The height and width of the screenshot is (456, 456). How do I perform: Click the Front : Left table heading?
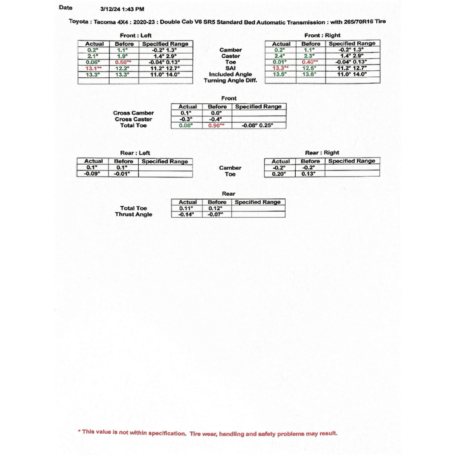(x=136, y=35)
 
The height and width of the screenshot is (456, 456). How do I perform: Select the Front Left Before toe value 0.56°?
(x=124, y=62)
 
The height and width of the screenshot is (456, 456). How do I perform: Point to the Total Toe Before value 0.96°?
(x=217, y=125)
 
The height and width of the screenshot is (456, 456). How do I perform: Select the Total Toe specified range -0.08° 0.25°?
(x=258, y=125)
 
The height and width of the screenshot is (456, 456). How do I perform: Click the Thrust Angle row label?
(x=134, y=215)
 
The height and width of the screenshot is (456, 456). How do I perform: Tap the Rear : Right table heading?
(x=322, y=153)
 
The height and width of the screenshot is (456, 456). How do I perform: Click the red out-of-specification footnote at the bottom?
(x=208, y=433)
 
